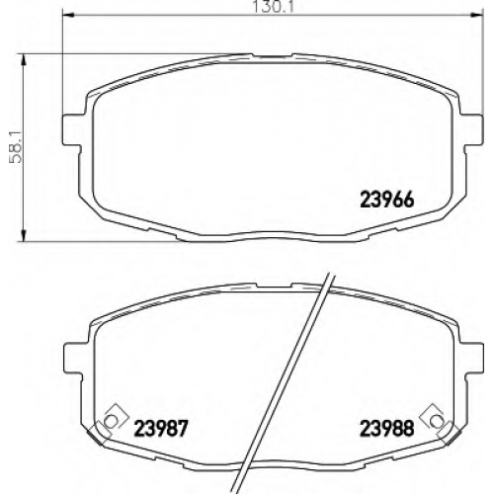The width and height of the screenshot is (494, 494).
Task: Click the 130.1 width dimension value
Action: [x=272, y=7]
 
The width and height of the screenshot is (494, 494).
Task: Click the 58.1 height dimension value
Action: [x=16, y=147]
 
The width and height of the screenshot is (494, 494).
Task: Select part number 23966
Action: [x=386, y=200]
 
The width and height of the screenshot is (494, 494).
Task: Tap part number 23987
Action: [x=161, y=428]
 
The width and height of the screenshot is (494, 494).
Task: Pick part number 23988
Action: [x=386, y=428]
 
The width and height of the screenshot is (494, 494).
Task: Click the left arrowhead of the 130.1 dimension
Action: [x=67, y=15]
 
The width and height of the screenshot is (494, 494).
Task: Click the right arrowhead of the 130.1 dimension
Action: [x=478, y=15]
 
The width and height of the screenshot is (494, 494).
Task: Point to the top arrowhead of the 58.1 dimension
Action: [x=23, y=59]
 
